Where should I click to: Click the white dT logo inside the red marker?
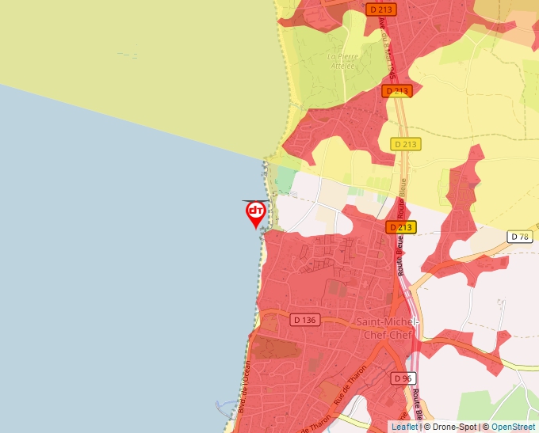(256, 211)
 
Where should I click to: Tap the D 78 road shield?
(520, 237)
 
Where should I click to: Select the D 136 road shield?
(304, 320)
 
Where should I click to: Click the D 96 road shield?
(403, 378)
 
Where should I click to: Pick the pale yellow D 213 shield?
(406, 144)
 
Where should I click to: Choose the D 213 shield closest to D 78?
(400, 227)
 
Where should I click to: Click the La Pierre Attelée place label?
(342, 61)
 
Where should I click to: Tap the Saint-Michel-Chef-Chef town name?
(386, 328)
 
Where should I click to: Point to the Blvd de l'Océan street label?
(244, 386)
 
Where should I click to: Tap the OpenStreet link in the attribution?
(513, 427)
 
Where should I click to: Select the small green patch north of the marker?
(284, 181)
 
